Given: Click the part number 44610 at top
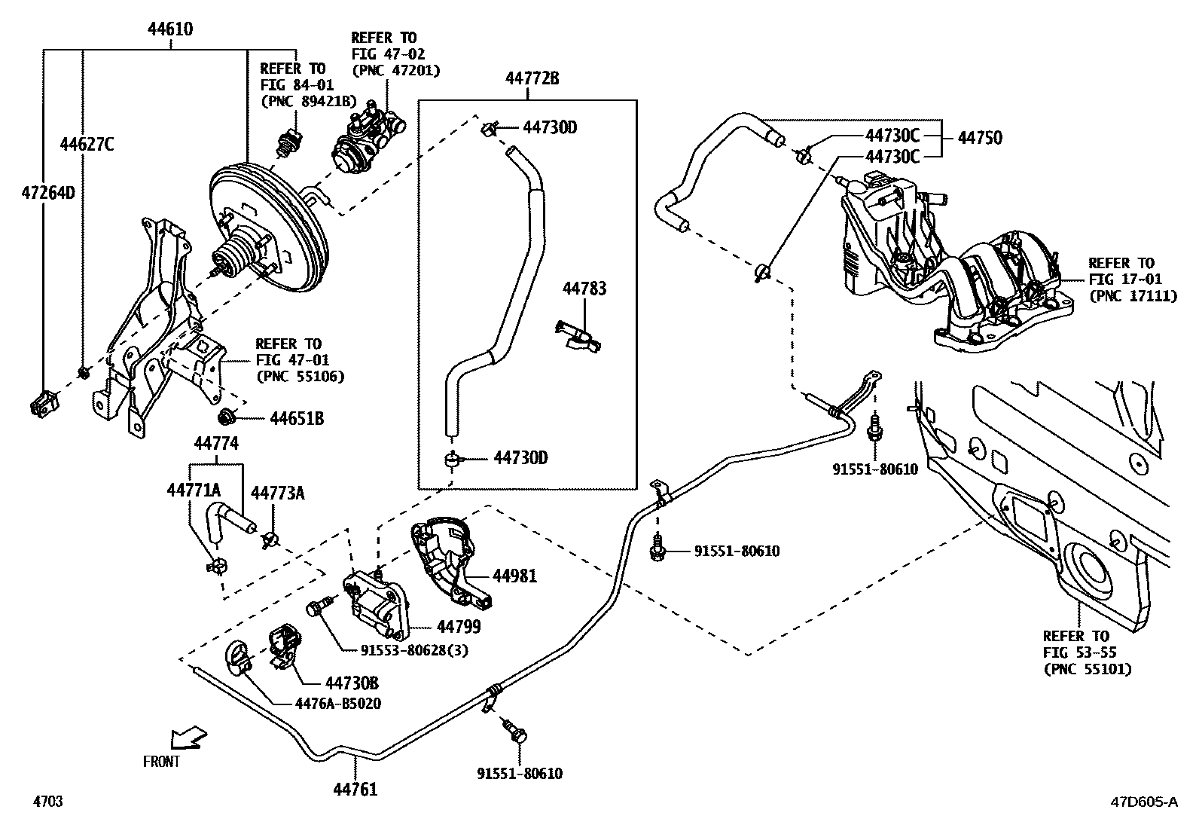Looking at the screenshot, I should coord(170,30).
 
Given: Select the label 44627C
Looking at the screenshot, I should coord(87,145).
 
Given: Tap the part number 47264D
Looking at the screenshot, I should coord(47,193).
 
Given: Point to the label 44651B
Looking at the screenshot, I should coord(297,418).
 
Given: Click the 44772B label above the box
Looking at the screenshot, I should coord(532,78).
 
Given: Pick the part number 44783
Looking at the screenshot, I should coord(584,289).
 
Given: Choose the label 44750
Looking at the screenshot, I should coord(980,138).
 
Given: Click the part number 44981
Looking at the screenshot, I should coord(515,576).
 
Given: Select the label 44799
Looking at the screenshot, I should coord(459,626).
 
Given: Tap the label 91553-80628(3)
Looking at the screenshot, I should coord(414,650).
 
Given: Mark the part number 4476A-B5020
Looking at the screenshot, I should coord(337,704).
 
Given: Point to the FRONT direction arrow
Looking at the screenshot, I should coord(188,738).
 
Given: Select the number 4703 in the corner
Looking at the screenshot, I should coord(47,802).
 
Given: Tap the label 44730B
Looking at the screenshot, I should coord(352,683).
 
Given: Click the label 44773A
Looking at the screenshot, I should coord(277,493).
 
